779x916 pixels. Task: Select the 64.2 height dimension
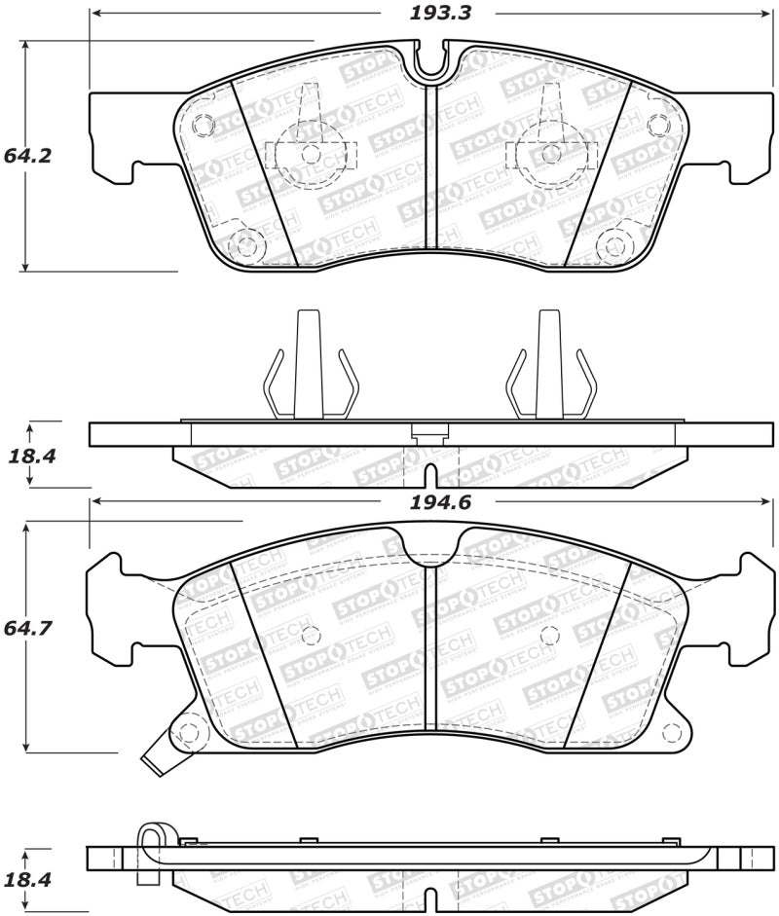click(x=26, y=156)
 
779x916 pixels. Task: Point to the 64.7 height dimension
click(x=26, y=629)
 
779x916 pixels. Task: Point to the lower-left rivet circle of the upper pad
click(x=245, y=242)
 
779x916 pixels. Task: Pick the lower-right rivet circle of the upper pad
click(x=614, y=242)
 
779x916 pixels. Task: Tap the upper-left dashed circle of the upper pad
click(x=203, y=126)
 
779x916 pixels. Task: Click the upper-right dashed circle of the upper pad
click(x=657, y=126)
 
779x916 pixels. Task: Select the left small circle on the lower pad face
click(x=312, y=635)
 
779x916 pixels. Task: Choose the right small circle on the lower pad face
click(x=549, y=635)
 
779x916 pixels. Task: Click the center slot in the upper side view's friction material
click(x=429, y=474)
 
